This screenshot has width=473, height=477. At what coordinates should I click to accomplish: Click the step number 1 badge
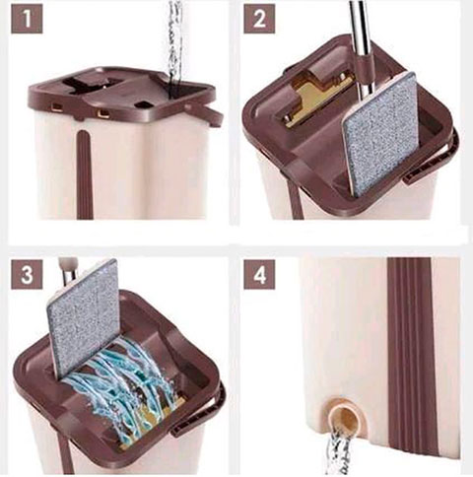pyautogui.click(x=27, y=19)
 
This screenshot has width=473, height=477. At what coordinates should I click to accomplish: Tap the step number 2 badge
pyautogui.click(x=259, y=19)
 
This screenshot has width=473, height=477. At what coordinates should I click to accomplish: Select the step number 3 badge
pyautogui.click(x=27, y=274)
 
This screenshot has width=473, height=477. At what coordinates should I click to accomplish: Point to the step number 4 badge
pyautogui.click(x=259, y=274)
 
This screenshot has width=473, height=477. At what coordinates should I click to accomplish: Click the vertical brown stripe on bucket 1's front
pyautogui.click(x=84, y=174)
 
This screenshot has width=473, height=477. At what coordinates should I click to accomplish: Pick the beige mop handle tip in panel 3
pyautogui.click(x=68, y=265)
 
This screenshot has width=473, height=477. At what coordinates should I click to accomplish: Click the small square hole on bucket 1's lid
pyautogui.click(x=144, y=105)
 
